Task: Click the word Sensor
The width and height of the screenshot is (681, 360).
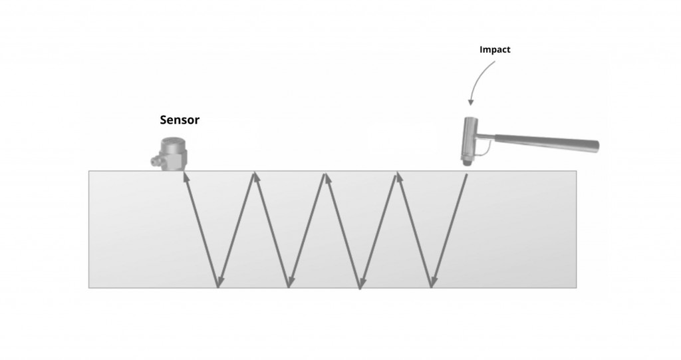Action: pos(180,120)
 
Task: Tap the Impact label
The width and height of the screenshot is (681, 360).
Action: pos(495,49)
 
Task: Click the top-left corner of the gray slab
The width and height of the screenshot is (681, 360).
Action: pos(89,171)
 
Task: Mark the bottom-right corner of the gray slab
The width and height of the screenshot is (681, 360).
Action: pos(576,287)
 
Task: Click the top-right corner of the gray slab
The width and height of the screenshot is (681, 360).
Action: pos(576,171)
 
